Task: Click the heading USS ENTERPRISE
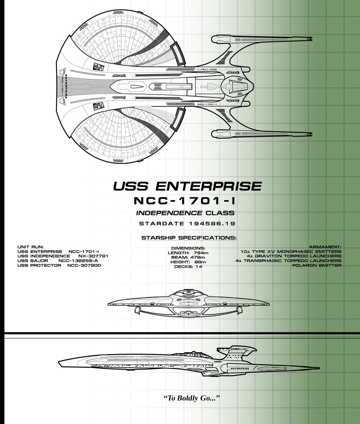click(187, 186)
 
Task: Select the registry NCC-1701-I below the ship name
click(185, 201)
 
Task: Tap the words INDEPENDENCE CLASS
click(185, 213)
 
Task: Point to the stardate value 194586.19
click(212, 223)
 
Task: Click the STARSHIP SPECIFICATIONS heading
click(189, 238)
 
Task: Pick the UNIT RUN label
click(31, 247)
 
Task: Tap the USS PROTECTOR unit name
click(39, 265)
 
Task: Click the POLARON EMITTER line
click(317, 265)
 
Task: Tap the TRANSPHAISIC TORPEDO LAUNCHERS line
click(288, 261)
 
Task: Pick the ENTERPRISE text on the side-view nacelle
click(239, 368)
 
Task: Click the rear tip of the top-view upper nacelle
click(311, 39)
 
